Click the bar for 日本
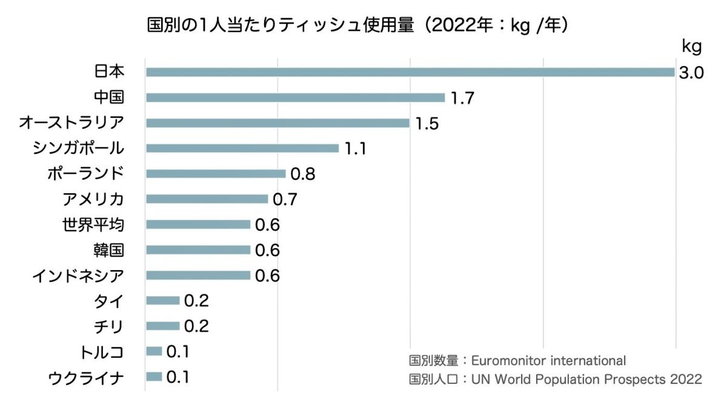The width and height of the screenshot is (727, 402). [x=410, y=72]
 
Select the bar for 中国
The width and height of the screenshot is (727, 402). [x=295, y=97]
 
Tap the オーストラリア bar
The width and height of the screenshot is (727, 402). [x=277, y=123]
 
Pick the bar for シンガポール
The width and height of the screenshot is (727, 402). [x=242, y=148]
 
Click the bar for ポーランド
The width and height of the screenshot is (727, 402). [x=215, y=174]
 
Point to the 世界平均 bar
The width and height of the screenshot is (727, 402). [x=198, y=225]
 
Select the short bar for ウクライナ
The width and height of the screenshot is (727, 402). [x=154, y=377]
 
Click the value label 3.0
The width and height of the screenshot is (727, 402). [x=690, y=73]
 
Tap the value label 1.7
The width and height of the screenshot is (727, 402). [x=462, y=98]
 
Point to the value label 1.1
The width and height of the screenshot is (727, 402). [x=356, y=149]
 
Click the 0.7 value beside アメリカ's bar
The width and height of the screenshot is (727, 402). [x=285, y=199]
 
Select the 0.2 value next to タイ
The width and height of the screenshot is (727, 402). [x=196, y=301]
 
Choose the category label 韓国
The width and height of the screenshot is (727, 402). [x=109, y=250]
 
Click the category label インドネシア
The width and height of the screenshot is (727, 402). [x=78, y=276]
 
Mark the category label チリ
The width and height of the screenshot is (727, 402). [x=109, y=326]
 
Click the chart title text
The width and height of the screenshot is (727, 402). [x=360, y=25]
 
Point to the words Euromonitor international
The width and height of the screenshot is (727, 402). [x=548, y=361]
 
